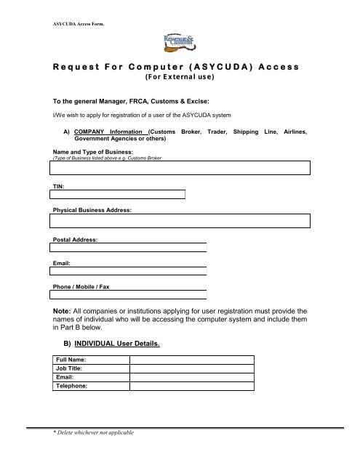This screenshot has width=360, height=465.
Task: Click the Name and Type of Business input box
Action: point(180,168)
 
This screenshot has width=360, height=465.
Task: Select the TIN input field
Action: point(117,194)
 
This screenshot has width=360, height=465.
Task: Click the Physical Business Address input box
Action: point(180,221)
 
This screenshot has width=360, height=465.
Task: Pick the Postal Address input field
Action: point(128,247)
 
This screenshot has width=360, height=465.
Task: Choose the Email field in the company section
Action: point(128,272)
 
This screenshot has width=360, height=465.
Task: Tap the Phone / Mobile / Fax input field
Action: point(128,296)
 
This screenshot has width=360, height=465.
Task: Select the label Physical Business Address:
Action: point(96,209)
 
